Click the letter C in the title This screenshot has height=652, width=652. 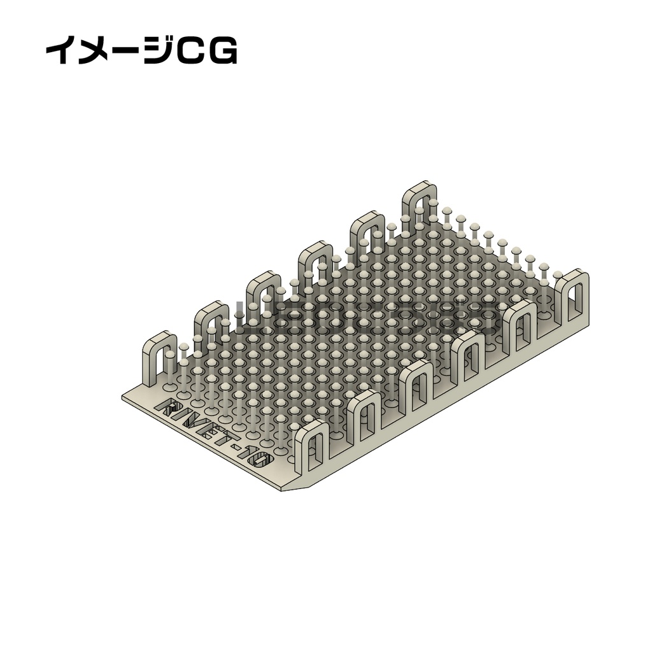click(190, 52)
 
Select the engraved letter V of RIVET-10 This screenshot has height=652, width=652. click(196, 424)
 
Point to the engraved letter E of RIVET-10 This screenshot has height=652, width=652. click(211, 433)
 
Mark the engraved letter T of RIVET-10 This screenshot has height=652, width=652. click(224, 441)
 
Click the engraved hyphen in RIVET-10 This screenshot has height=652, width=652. click(237, 449)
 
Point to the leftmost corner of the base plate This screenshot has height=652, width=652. click(124, 396)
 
